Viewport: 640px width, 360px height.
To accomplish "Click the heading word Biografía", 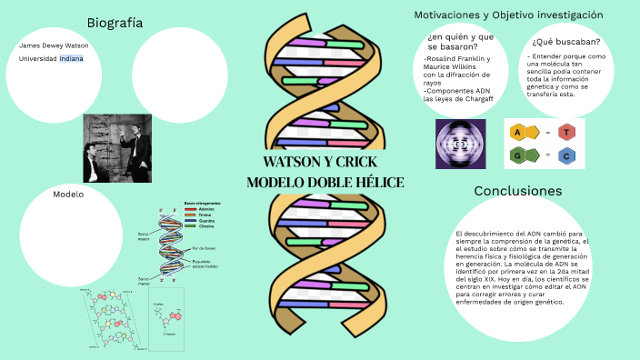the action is pyautogui.click(x=115, y=22).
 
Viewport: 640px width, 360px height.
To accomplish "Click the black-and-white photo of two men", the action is pyautogui.click(x=117, y=147).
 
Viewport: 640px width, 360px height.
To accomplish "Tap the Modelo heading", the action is pyautogui.click(x=68, y=195).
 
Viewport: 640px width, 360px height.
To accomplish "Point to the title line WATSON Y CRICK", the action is pyautogui.click(x=324, y=162).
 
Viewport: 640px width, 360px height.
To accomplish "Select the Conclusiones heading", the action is pyautogui.click(x=517, y=191).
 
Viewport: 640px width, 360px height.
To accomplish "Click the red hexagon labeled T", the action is pyautogui.click(x=565, y=133).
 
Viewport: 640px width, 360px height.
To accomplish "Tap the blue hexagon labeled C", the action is pyautogui.click(x=565, y=155).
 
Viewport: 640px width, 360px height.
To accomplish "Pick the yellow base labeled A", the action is pyautogui.click(x=517, y=133).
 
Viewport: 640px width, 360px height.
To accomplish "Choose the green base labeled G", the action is pyautogui.click(x=517, y=155).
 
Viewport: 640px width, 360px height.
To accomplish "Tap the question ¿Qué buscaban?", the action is pyautogui.click(x=565, y=42).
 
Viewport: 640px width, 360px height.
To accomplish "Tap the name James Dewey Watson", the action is pyautogui.click(x=54, y=45).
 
